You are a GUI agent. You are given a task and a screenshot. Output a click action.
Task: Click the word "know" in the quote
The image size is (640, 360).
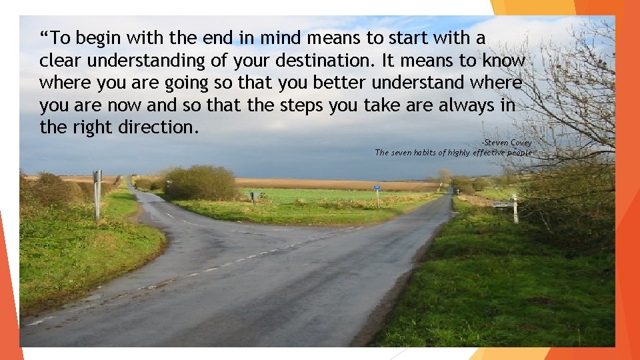pyautogui.click(x=503, y=60)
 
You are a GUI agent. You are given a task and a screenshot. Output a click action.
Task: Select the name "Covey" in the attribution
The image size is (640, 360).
pyautogui.click(x=521, y=143)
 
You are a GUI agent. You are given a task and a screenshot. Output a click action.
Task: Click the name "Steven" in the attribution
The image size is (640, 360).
pyautogui.click(x=497, y=143)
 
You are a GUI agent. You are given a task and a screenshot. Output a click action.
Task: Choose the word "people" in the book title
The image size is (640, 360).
pyautogui.click(x=519, y=153)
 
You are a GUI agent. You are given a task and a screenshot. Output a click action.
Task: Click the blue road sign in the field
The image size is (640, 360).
pyautogui.click(x=377, y=189)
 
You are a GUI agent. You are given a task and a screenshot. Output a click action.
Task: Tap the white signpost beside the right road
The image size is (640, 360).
pyautogui.click(x=514, y=208)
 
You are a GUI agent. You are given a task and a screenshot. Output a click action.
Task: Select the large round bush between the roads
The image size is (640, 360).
pyautogui.click(x=199, y=183)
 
